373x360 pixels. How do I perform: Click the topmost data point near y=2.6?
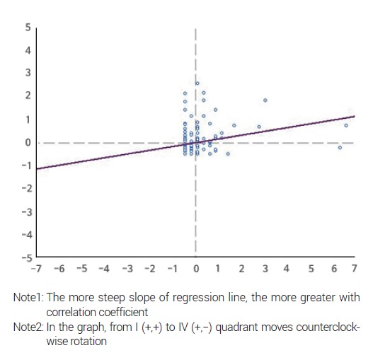tap(197, 83)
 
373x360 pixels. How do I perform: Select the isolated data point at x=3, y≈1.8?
tap(265, 100)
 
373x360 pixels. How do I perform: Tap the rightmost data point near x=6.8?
tap(346, 125)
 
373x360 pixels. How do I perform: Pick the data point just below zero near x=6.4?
tap(340, 147)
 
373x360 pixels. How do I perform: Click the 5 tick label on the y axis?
tap(28, 27)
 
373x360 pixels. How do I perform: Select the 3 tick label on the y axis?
tap(28, 73)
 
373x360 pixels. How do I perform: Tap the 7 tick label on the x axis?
tap(354, 269)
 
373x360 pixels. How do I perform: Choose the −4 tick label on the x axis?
tap(105, 269)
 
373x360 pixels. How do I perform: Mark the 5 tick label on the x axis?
tap(309, 269)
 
